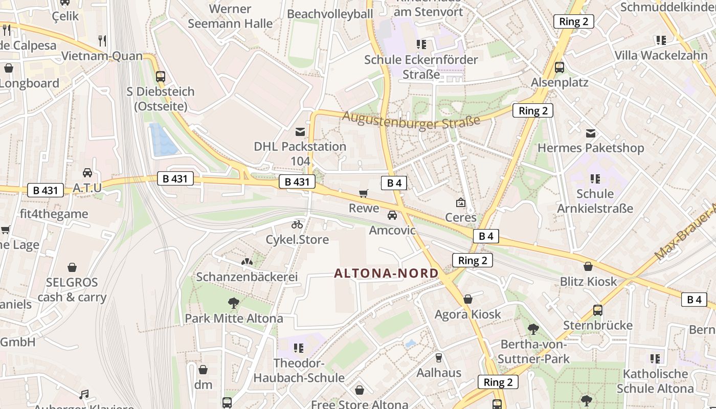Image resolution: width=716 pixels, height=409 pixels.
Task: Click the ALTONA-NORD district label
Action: pyautogui.click(x=386, y=273)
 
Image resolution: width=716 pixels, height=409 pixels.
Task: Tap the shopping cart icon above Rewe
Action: pyautogui.click(x=363, y=193)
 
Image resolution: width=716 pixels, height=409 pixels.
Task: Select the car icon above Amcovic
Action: pyautogui.click(x=392, y=215)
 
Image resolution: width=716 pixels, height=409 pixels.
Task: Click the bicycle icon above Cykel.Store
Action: pyautogui.click(x=297, y=224)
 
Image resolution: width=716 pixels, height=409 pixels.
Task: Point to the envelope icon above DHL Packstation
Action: pyautogui.click(x=300, y=132)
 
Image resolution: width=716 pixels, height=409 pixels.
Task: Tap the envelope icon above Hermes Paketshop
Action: pyautogui.click(x=591, y=133)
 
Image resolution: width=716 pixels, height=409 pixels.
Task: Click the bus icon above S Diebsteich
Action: pyautogui.click(x=161, y=77)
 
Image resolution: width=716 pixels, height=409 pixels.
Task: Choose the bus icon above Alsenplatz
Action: pyautogui.click(x=559, y=67)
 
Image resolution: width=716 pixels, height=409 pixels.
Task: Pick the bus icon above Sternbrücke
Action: pyautogui.click(x=597, y=310)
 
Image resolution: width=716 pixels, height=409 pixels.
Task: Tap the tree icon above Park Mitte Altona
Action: pyautogui.click(x=234, y=303)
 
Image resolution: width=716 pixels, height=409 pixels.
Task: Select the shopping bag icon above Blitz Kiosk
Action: pyautogui.click(x=588, y=266)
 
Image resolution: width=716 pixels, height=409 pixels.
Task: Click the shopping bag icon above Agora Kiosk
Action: pyautogui.click(x=467, y=299)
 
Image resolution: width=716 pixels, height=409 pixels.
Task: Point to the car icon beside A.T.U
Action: pyautogui.click(x=87, y=173)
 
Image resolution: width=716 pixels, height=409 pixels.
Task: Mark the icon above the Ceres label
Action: pyautogui.click(x=460, y=202)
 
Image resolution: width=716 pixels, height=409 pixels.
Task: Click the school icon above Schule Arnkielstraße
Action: pyautogui.click(x=595, y=179)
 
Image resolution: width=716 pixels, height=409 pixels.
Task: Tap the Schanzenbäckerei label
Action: pyautogui.click(x=247, y=277)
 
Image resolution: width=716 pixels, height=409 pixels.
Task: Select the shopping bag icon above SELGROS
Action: pyautogui.click(x=72, y=267)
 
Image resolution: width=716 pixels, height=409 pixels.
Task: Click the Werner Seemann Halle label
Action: pyautogui.click(x=230, y=16)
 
